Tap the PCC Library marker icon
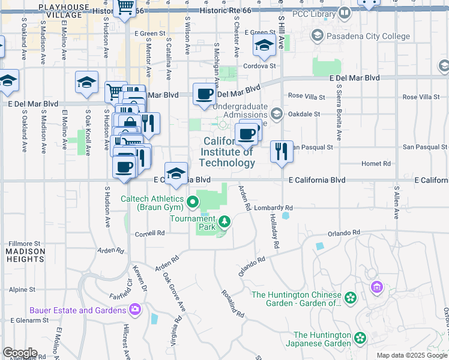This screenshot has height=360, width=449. pos(345,13)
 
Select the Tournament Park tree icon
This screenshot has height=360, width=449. pos(224,223)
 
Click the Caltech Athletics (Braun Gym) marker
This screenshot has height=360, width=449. pos(193,202)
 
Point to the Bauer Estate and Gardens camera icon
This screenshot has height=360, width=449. pos(135,310)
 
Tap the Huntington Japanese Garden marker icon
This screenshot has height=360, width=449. pos(360,339)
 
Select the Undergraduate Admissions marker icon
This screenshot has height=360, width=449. pos(277,113)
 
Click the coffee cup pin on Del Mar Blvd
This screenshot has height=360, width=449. pos(205,94)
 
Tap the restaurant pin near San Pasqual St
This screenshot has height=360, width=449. pos(282,151)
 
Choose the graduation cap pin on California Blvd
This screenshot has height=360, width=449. pos(176,173)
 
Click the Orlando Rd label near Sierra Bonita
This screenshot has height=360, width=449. pos(344,233)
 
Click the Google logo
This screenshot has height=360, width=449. pos(20,353)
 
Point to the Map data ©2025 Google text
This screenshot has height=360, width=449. pos(411,355)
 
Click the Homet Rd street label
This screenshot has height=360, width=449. pos(376,163)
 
